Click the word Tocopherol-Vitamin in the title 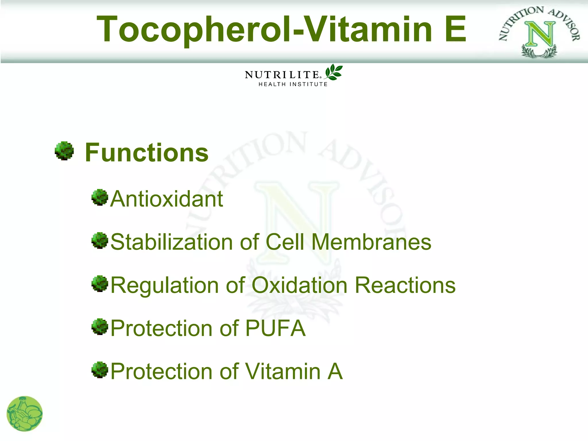pos(264,29)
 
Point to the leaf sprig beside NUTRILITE pos(334,72)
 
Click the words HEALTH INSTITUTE pos(293,84)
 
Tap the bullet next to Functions pos(64,151)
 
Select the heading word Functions pos(147,153)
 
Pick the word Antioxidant pos(167,199)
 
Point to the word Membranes pos(371,242)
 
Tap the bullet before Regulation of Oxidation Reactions pos(100,284)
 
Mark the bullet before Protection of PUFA pos(100,327)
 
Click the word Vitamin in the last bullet pos(283,371)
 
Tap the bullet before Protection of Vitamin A pos(100,370)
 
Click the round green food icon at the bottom pos(25,414)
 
